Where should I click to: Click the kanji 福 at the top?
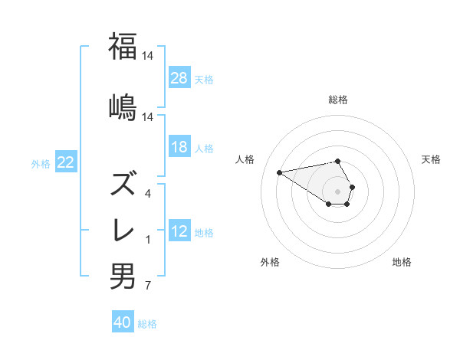(123, 47)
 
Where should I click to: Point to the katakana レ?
(123, 231)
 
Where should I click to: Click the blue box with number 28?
(179, 77)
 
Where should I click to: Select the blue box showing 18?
(179, 148)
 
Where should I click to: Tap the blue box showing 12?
(179, 231)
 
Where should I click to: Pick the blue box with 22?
(65, 162)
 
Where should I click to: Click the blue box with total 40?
(123, 322)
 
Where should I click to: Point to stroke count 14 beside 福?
(149, 56)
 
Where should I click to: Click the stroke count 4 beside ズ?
(148, 194)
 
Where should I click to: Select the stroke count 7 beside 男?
(148, 286)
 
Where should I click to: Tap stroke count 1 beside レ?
(148, 240)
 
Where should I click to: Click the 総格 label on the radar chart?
(338, 100)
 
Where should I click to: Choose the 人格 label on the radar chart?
(246, 159)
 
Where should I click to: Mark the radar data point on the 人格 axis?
(279, 172)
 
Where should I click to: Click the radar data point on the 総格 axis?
(338, 161)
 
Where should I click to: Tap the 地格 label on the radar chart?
(402, 263)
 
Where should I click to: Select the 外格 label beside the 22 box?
(41, 163)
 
